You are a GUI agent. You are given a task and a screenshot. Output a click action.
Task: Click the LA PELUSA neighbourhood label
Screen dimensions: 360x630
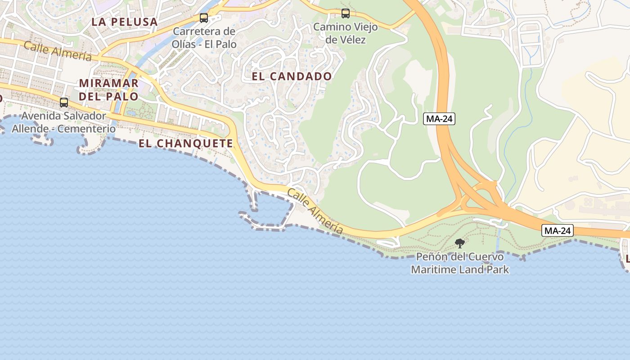[x=125, y=22]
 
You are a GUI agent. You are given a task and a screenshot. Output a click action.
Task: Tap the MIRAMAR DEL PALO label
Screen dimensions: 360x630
[x=109, y=90]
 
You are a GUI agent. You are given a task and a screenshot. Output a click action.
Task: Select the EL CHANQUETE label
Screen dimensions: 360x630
[x=186, y=144]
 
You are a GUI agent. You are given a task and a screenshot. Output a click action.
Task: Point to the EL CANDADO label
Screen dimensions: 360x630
[x=292, y=76]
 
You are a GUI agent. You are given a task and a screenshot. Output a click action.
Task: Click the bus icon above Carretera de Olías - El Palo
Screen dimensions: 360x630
[x=204, y=18]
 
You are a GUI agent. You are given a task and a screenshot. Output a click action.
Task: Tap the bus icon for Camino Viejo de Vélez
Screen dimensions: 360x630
[x=346, y=13]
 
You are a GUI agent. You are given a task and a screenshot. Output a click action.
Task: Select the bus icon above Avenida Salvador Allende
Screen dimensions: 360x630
[x=64, y=102]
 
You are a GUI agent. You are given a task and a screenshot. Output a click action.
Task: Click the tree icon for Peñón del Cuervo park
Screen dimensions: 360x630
[x=459, y=243]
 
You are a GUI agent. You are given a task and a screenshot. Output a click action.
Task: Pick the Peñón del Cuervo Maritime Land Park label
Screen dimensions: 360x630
[x=460, y=263]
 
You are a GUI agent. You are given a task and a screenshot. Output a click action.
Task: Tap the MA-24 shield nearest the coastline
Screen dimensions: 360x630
[x=558, y=230]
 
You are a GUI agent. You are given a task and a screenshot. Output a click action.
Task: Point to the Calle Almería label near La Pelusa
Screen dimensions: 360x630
[x=58, y=51]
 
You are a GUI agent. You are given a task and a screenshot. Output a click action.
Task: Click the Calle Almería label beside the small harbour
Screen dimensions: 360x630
[x=315, y=211]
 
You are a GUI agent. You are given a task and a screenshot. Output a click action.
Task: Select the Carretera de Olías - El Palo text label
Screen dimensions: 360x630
[x=204, y=38]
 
